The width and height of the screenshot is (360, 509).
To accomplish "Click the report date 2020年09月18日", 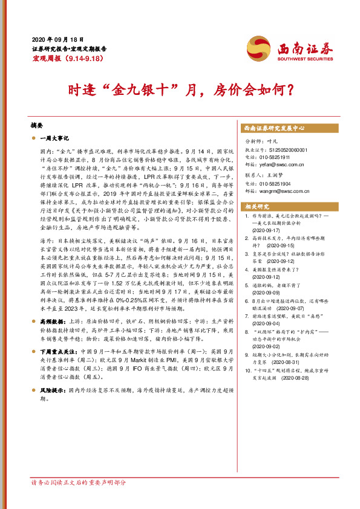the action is [57, 37].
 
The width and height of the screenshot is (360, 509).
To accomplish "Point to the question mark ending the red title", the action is [290, 91].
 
